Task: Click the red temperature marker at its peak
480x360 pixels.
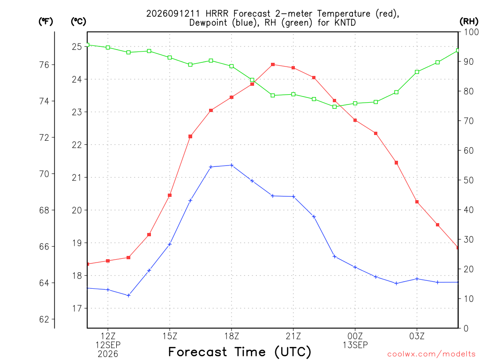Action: click(273, 65)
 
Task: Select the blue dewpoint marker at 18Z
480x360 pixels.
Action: click(232, 165)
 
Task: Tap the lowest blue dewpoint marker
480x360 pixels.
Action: click(128, 295)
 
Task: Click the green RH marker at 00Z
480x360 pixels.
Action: click(355, 104)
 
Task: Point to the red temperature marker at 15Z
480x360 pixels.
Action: click(170, 195)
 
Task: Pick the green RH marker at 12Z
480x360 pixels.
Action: click(108, 47)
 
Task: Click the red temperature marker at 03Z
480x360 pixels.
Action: click(417, 202)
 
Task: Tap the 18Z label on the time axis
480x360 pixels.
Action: click(232, 336)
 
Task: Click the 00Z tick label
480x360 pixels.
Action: click(355, 336)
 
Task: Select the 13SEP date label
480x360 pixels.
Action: click(355, 345)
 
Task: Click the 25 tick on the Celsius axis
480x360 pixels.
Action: click(77, 46)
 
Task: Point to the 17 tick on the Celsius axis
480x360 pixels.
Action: click(77, 308)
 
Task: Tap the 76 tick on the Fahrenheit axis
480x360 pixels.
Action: click(44, 65)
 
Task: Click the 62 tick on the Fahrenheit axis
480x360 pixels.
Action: click(44, 319)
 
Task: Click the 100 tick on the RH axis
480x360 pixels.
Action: click(471, 32)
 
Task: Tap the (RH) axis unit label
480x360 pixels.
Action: click(469, 22)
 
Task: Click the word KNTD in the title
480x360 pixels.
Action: click(345, 22)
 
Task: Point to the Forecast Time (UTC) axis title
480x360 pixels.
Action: click(240, 352)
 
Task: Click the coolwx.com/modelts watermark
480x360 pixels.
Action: click(431, 354)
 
